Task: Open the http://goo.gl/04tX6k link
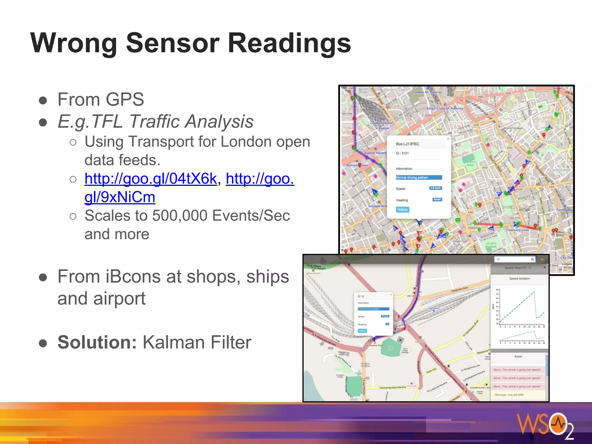pos(151,179)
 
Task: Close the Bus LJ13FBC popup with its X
pos(448,139)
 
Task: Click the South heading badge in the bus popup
pos(437,199)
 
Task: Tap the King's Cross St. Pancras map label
pos(445,109)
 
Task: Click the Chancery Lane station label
pos(517,230)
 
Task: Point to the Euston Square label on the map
pos(375,153)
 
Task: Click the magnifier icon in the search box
pos(532,259)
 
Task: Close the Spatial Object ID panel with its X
pos(545,267)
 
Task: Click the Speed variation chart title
pos(519,279)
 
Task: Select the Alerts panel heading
pos(518,357)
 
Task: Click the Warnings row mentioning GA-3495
pos(509,395)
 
